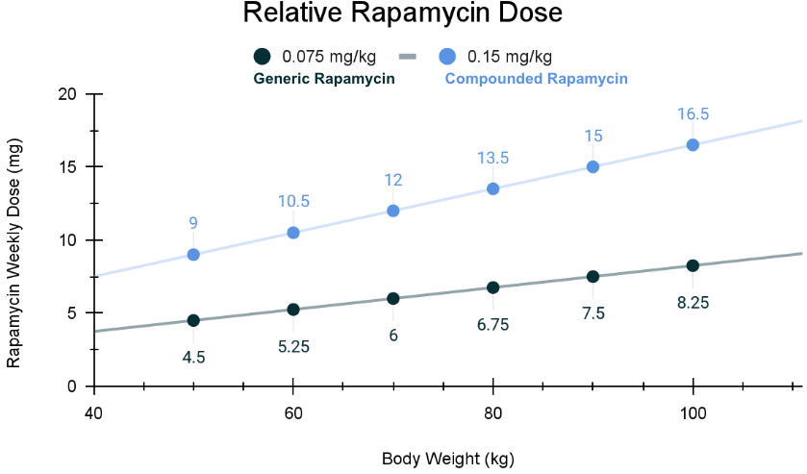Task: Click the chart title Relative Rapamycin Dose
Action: pos(402,14)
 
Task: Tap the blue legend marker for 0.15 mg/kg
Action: pos(447,56)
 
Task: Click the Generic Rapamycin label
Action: pos(325,79)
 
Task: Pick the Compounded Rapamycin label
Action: pos(536,79)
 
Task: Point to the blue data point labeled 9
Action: pos(193,255)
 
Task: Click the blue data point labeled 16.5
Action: pos(693,145)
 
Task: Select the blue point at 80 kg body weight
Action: pos(492,188)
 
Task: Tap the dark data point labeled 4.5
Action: pos(193,320)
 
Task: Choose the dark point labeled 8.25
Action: pos(693,265)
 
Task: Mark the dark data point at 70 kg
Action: pos(392,298)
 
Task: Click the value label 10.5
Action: pos(293,202)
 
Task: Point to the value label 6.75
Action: pos(492,325)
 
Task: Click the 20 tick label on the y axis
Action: pos(67,94)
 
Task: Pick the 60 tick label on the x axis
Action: pos(293,413)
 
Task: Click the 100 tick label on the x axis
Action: pos(693,413)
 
